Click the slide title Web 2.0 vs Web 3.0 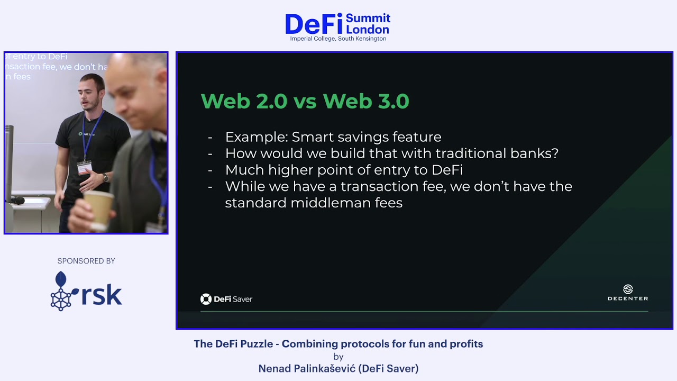coord(305,101)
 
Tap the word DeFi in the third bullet coord(447,170)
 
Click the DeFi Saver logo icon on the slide coord(206,299)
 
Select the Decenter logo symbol coord(628,289)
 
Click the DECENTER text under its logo coord(628,298)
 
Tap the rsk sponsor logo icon coord(61,291)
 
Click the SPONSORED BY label coord(86,261)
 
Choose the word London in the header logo coord(368,30)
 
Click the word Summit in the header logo coord(368,19)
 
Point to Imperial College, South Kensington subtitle coord(338,39)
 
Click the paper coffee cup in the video coord(98,210)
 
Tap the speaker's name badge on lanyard coord(84,168)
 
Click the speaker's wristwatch coord(105,178)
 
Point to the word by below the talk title coord(338,357)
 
